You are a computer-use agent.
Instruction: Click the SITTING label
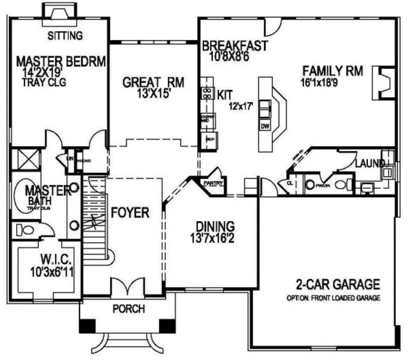(x=64, y=36)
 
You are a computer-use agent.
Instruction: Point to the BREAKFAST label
(x=234, y=46)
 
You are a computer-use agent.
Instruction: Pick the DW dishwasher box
(x=265, y=126)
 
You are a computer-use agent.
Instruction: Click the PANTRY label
(x=213, y=184)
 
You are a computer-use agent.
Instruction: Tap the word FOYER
(x=129, y=212)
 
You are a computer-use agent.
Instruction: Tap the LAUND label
(x=370, y=163)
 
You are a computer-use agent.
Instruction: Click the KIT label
(x=225, y=95)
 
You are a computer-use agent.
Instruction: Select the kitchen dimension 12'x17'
(x=242, y=106)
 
